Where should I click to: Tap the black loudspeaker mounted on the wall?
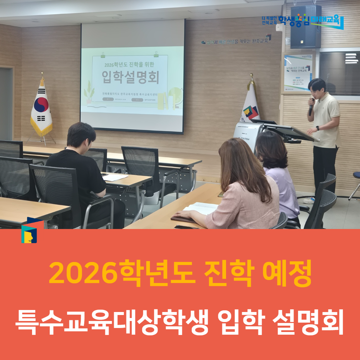[305, 27]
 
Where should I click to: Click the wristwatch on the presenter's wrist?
[318, 128]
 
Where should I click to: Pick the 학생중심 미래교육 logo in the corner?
[303, 21]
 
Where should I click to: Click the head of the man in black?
[81, 135]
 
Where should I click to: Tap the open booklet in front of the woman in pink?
[201, 208]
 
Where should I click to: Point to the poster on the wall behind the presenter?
[298, 72]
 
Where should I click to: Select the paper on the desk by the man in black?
[114, 177]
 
